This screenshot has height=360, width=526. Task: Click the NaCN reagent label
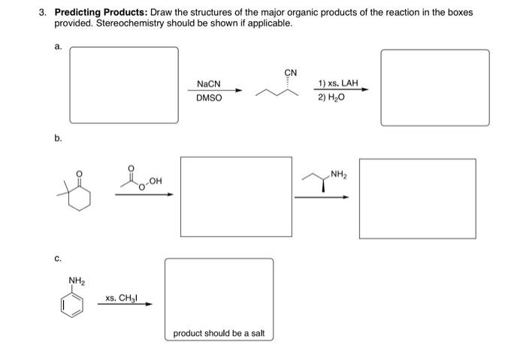(x=208, y=83)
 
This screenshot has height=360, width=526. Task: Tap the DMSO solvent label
(x=209, y=98)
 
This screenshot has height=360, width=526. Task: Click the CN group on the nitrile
(x=291, y=73)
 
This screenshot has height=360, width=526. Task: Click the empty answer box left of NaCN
(x=124, y=85)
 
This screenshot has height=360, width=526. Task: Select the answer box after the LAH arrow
(x=434, y=87)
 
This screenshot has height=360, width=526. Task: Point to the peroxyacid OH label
(x=156, y=179)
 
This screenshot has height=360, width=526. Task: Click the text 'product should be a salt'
(x=219, y=333)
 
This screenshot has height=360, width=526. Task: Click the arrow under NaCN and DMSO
(x=215, y=91)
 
